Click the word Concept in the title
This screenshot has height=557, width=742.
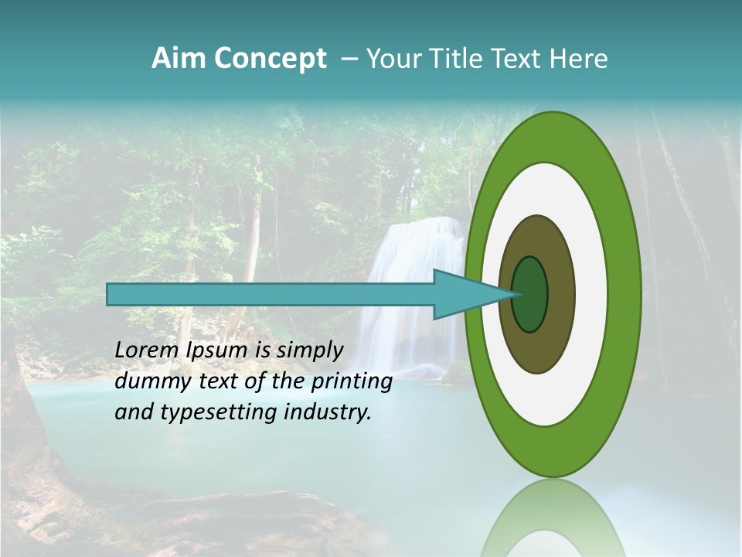[x=271, y=59]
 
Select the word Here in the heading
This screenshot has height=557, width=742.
[x=580, y=59]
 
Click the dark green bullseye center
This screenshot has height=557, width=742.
[x=530, y=294]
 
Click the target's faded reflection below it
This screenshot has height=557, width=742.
[x=553, y=518]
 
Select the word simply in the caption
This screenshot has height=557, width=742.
[x=309, y=350]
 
